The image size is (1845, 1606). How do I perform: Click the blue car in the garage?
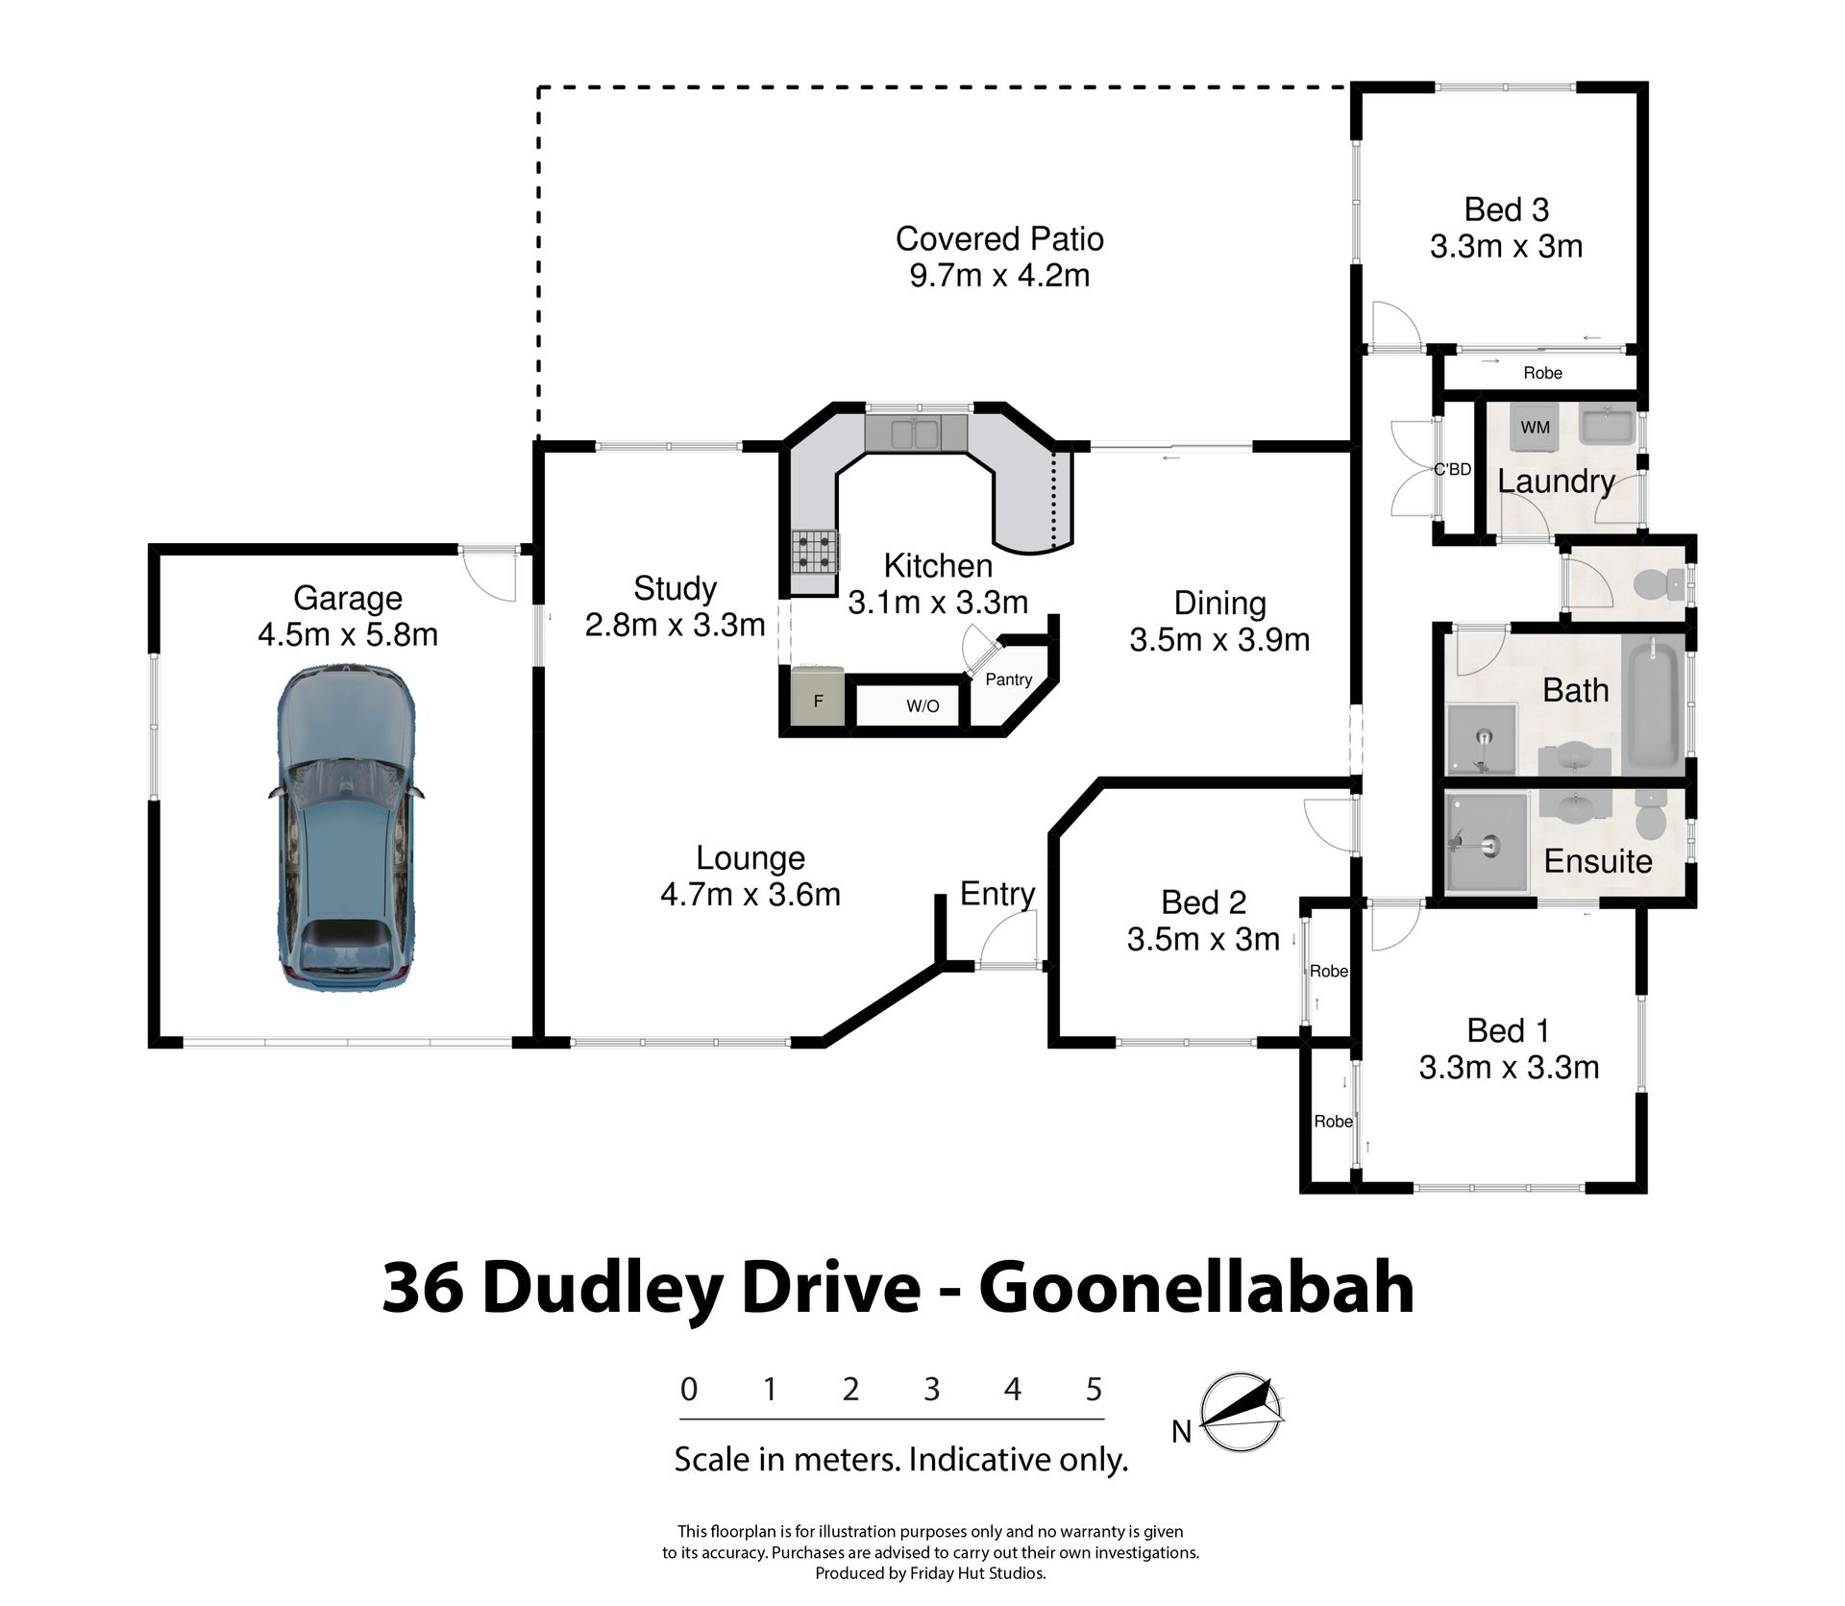pyautogui.click(x=346, y=828)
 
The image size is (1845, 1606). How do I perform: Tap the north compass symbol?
pyautogui.click(x=1243, y=1412)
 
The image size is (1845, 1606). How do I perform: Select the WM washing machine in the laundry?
pyautogui.click(x=1535, y=427)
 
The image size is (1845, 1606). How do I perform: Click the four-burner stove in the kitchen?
pyautogui.click(x=814, y=553)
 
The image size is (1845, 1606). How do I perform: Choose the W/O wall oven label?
pyautogui.click(x=922, y=706)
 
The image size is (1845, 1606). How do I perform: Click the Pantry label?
pyautogui.click(x=1008, y=679)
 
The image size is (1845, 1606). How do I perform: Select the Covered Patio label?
pyautogui.click(x=999, y=238)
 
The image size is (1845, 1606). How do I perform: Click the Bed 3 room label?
pyautogui.click(x=1506, y=210)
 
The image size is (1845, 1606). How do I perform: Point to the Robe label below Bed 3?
pyautogui.click(x=1542, y=373)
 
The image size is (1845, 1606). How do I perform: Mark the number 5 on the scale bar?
pyautogui.click(x=1094, y=1390)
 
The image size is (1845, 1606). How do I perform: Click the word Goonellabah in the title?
pyautogui.click(x=1196, y=1289)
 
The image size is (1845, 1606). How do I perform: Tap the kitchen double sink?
pyautogui.click(x=914, y=433)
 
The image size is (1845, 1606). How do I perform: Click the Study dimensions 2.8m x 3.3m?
pyautogui.click(x=675, y=625)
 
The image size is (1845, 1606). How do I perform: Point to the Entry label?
pyautogui.click(x=996, y=894)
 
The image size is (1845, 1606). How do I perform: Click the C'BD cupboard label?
pyautogui.click(x=1452, y=470)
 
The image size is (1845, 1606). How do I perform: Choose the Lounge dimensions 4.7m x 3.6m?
pyautogui.click(x=750, y=895)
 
